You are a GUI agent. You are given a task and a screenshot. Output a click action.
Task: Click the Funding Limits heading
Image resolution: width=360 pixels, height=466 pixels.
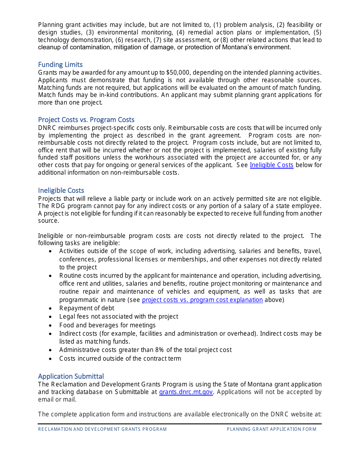coord(60,65)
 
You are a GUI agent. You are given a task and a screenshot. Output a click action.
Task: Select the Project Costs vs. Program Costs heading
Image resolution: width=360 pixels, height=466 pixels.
coord(86,120)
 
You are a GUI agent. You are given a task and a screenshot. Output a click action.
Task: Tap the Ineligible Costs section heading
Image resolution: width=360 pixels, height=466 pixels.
coord(61,191)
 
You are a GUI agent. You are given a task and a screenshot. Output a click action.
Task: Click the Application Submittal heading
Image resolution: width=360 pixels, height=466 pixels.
coord(71,376)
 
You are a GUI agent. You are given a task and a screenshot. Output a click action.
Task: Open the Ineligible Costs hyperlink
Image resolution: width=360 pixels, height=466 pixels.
coord(271,165)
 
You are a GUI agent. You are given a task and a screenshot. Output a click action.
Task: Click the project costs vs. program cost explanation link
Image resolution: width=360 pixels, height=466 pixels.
coord(202,300)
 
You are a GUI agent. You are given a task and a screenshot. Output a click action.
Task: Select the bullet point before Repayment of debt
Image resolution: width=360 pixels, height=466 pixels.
coord(51,308)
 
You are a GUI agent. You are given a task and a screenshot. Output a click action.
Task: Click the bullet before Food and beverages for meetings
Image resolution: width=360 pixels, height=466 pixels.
coord(51,325)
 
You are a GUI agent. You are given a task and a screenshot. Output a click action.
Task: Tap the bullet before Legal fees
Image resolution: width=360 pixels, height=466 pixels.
coord(51,317)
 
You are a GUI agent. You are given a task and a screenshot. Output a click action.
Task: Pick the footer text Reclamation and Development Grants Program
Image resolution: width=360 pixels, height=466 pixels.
coord(102,429)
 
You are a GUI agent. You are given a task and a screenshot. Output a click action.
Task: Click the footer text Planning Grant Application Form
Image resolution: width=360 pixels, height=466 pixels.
coord(271,429)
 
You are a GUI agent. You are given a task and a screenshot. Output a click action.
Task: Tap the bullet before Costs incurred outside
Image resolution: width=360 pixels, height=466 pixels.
coord(51,359)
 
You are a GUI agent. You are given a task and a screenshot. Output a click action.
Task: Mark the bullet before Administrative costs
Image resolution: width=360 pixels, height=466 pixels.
coord(51,350)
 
